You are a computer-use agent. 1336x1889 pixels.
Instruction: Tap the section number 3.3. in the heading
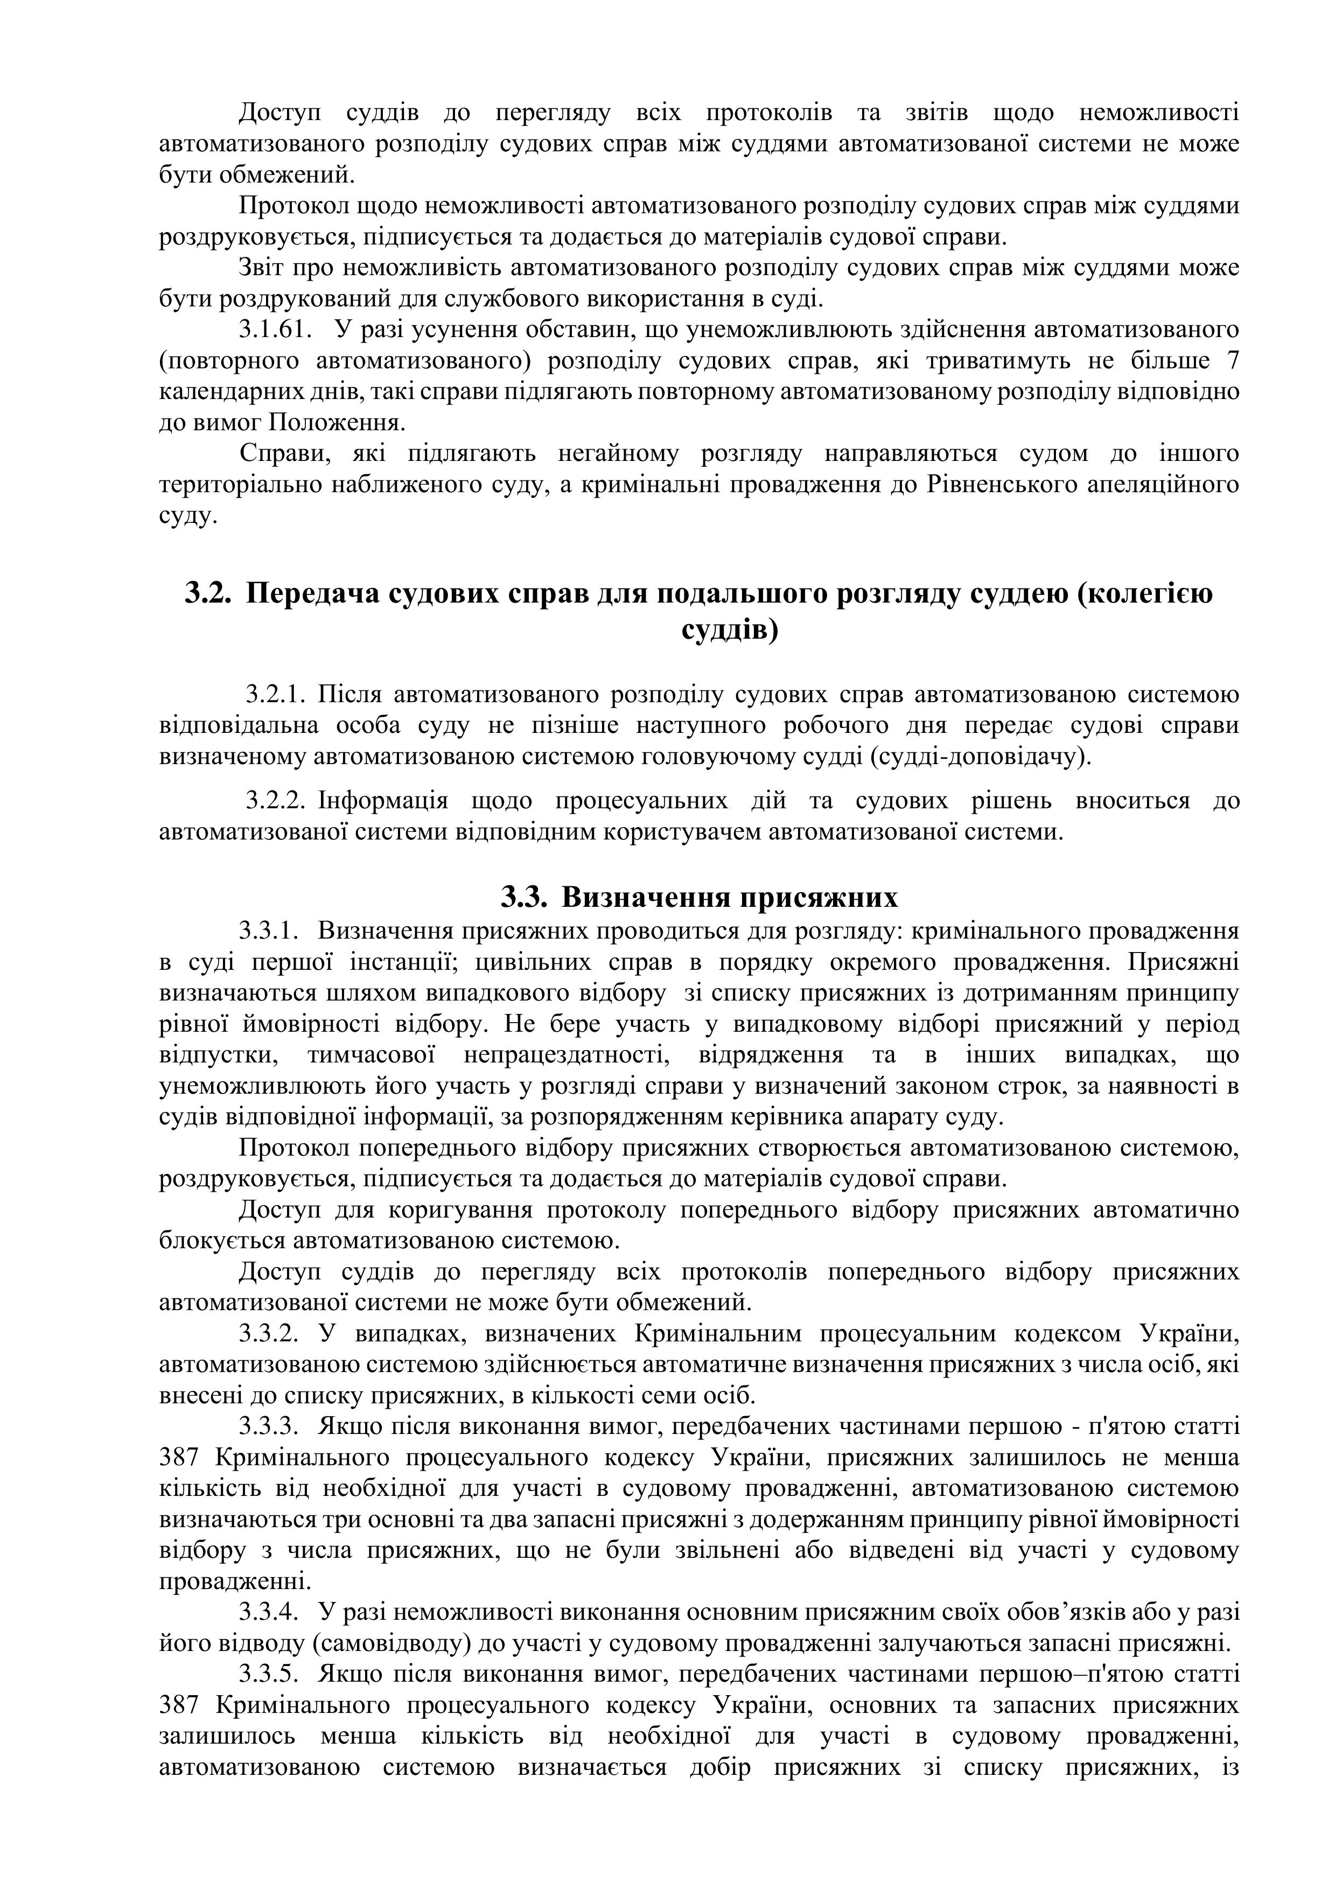point(524,897)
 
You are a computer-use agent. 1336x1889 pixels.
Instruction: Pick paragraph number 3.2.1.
point(276,695)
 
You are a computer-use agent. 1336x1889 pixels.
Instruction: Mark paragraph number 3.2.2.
point(276,801)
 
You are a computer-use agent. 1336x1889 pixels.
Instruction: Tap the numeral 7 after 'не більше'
point(1233,361)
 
